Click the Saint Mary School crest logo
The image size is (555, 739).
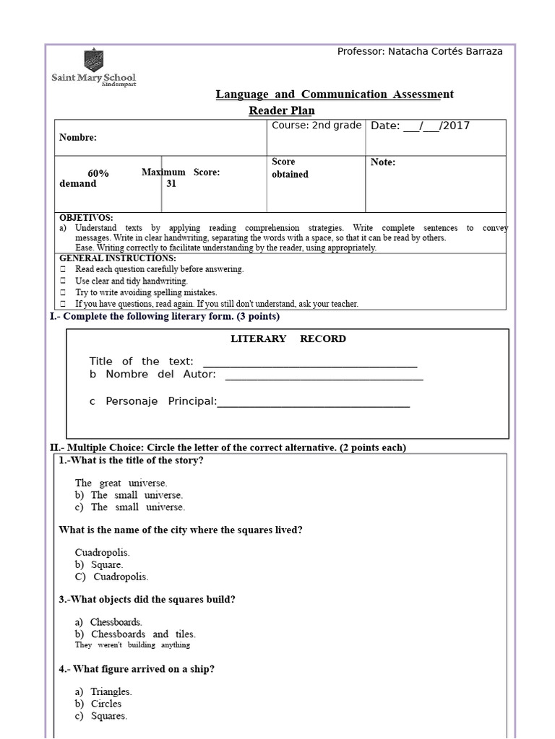pos(93,59)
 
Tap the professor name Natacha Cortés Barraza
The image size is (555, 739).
pos(420,51)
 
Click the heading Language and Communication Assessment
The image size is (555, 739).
pos(335,95)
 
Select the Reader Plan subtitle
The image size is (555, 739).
pos(282,110)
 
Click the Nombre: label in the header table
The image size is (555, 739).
pos(77,137)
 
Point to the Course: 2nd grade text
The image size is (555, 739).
pos(317,126)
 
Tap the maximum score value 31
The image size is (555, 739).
pos(171,183)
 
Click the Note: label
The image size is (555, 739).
pos(383,162)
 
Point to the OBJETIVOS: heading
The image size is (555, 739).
pos(86,217)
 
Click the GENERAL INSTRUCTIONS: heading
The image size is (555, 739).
pos(117,258)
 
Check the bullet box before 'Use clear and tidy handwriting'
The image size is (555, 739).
pos(63,281)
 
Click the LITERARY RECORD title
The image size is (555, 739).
pos(288,338)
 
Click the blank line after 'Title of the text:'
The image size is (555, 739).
pos(310,362)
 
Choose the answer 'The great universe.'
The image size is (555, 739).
pos(121,483)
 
